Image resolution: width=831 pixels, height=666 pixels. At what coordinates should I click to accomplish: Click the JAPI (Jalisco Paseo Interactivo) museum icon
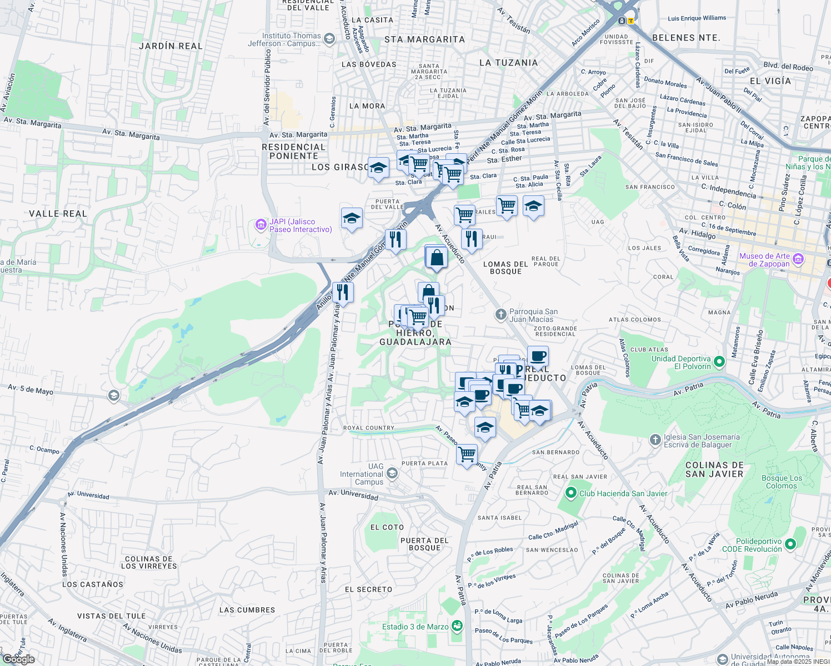[261, 225]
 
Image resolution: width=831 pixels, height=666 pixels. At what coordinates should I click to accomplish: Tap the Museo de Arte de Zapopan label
[764, 260]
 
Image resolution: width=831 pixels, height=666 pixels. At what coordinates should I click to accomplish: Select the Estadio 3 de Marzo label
[415, 627]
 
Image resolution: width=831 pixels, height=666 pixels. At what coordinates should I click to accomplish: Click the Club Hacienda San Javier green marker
[570, 493]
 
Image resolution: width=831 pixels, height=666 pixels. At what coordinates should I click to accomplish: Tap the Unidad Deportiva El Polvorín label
[681, 362]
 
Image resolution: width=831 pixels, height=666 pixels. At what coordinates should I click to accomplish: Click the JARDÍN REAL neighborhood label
[171, 46]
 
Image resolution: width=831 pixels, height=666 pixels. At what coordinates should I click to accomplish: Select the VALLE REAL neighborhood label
[58, 214]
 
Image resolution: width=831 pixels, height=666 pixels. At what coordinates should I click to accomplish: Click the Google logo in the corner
[19, 659]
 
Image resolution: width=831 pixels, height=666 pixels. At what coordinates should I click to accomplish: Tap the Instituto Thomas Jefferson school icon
[329, 39]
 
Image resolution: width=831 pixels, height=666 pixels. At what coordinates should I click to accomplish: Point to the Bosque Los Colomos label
[782, 482]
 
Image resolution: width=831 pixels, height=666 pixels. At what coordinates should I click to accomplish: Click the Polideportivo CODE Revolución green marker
[791, 545]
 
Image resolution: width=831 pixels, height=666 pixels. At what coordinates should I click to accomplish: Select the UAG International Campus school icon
[392, 473]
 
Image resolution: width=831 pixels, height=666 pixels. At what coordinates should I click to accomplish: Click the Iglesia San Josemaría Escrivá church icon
[655, 440]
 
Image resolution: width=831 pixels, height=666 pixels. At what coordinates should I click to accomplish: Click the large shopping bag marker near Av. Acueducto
[437, 258]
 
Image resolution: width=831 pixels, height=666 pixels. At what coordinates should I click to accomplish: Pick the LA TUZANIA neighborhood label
[508, 63]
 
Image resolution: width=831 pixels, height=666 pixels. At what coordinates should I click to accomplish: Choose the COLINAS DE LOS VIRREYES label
[149, 563]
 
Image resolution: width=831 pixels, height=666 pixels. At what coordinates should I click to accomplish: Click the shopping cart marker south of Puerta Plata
[467, 455]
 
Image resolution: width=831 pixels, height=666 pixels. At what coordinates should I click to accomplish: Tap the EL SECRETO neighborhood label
[368, 589]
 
